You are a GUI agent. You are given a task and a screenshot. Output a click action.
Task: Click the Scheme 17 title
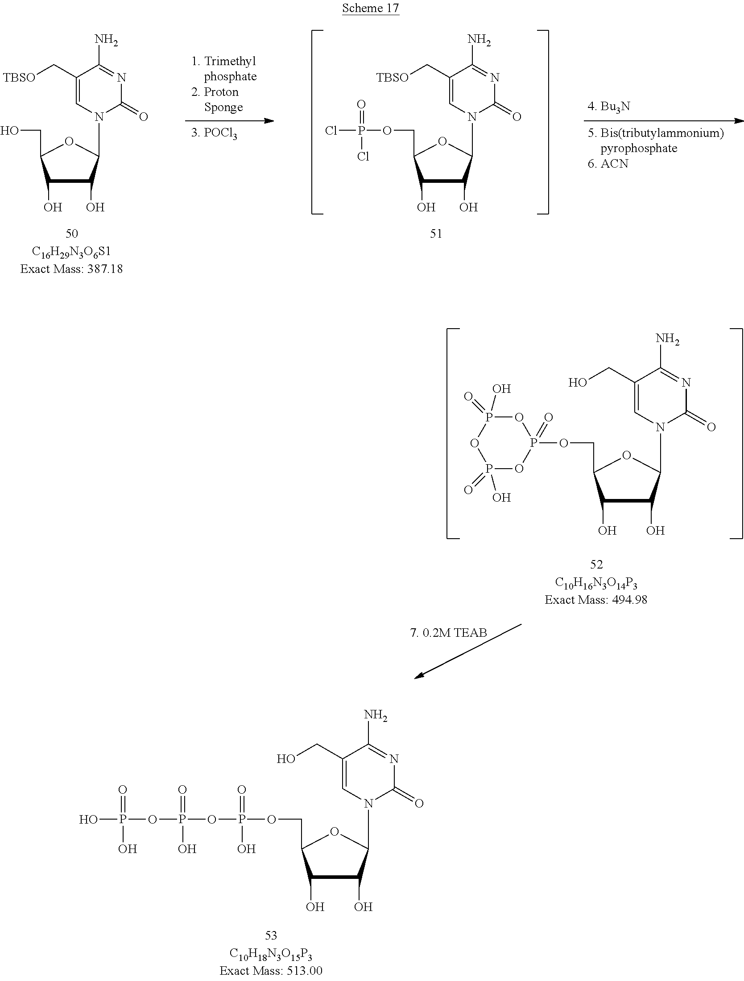(370, 8)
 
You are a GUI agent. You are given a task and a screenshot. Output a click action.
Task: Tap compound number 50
(71, 233)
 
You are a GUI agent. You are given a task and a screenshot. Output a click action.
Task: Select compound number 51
(436, 233)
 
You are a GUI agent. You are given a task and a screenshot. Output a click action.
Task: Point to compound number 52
(596, 565)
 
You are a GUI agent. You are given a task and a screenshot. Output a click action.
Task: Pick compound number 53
(271, 935)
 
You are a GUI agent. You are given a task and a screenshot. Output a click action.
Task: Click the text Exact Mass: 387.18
(71, 269)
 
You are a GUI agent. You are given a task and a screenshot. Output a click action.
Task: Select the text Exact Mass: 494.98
(596, 600)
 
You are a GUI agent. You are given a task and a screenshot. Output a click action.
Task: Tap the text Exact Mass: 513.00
(271, 970)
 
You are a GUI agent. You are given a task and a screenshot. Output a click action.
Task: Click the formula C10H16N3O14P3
(596, 583)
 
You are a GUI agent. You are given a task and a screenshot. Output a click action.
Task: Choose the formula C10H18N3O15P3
(271, 953)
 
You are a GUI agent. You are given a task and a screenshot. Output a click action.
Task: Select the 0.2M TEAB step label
(448, 633)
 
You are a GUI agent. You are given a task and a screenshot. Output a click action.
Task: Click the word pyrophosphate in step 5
(639, 148)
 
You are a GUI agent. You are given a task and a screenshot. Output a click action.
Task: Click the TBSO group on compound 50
(20, 78)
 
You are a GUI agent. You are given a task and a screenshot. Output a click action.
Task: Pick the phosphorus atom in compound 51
(361, 131)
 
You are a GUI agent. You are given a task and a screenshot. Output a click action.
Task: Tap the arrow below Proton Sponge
(229, 121)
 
